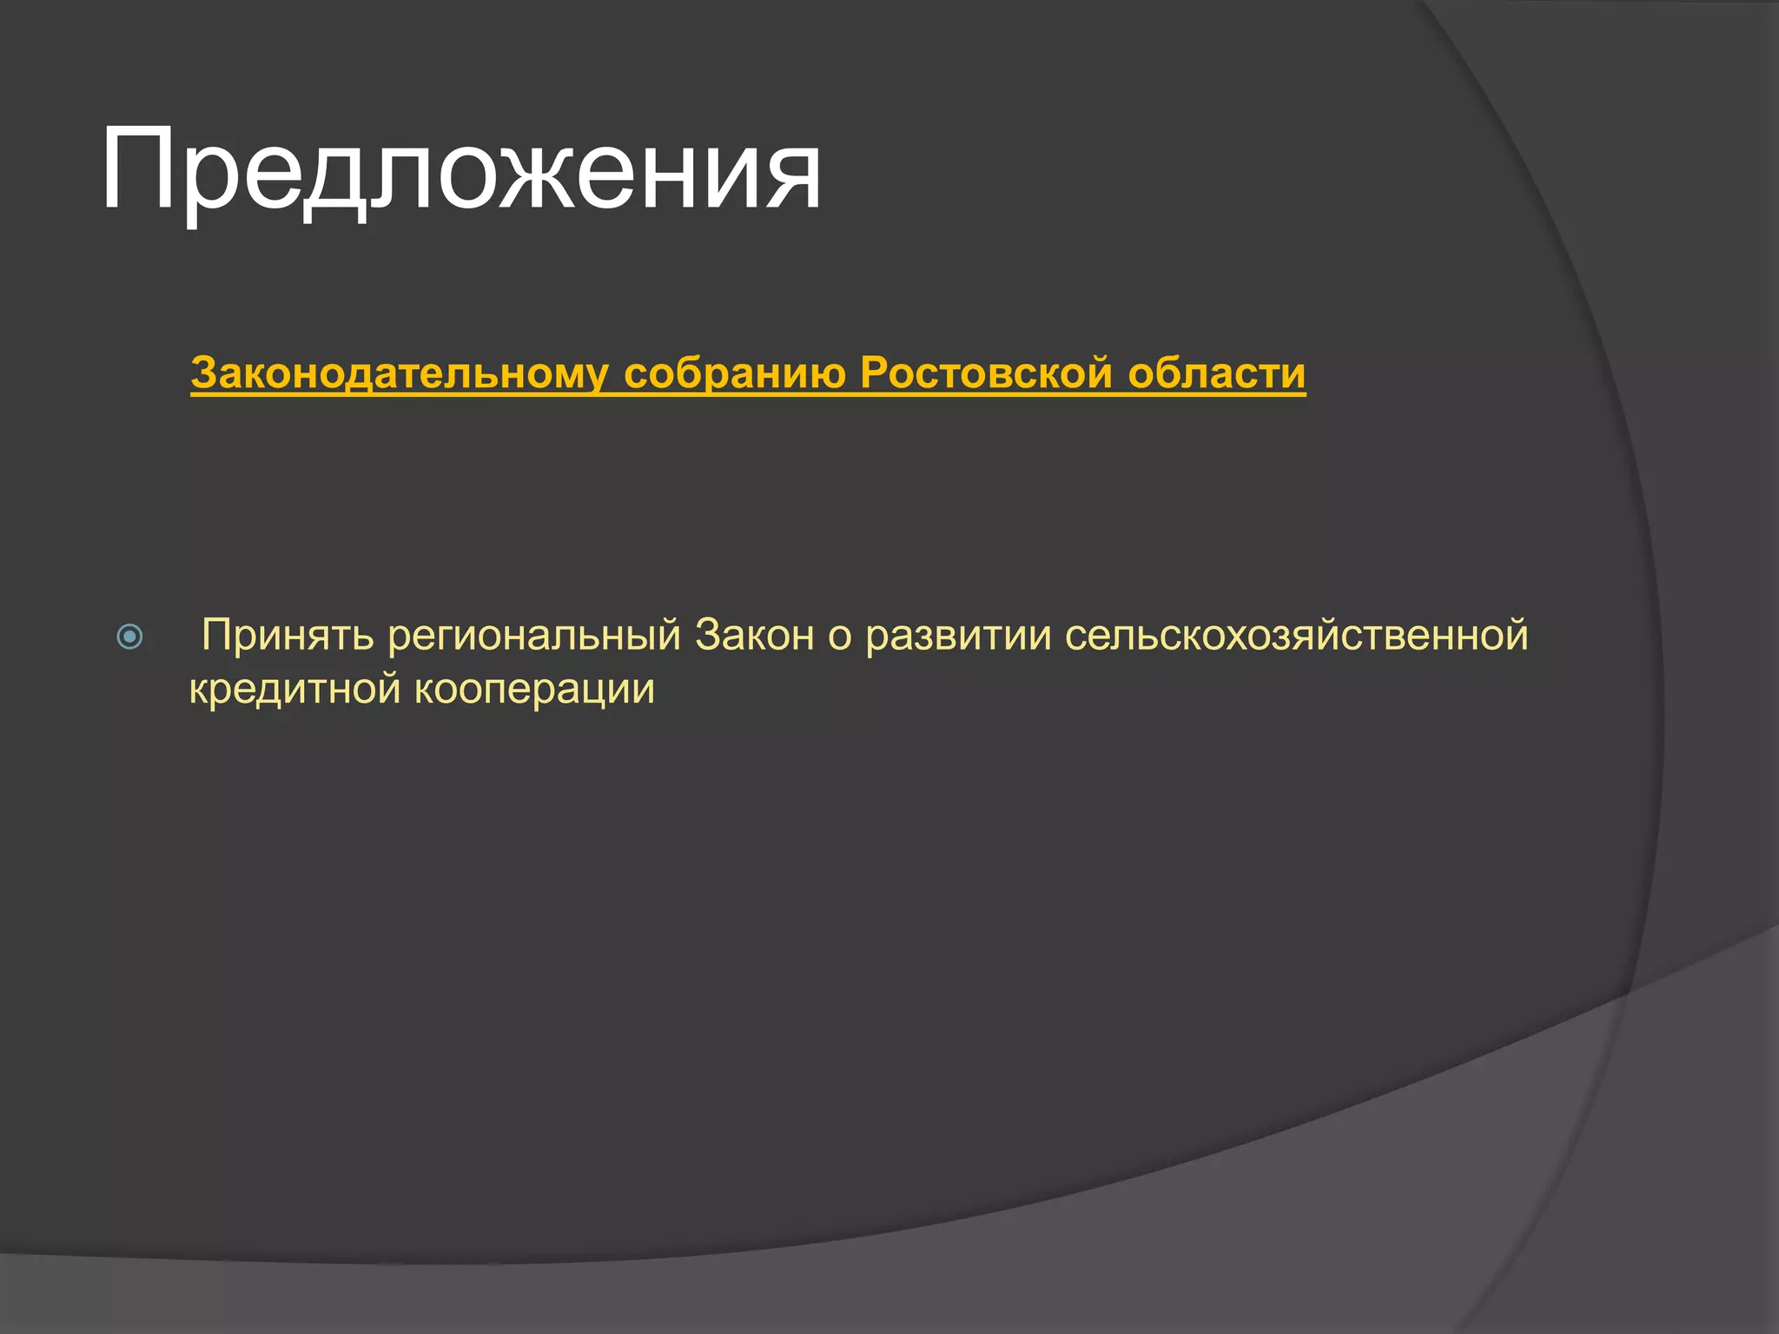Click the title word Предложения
460,169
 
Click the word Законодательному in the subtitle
399,373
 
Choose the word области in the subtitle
1216,373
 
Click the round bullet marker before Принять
129,637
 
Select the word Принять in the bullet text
288,635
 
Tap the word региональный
534,637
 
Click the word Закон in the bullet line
754,635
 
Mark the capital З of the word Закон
707,635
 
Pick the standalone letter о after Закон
840,638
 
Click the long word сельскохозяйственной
1296,635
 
